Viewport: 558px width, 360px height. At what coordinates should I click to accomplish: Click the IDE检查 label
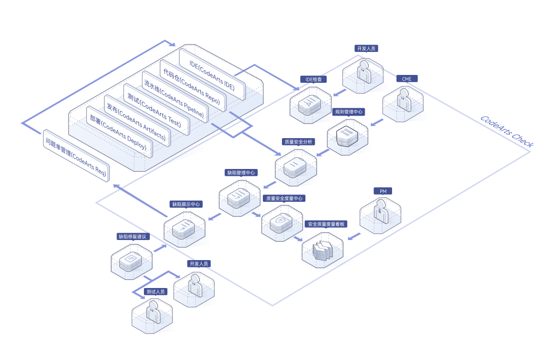point(313,79)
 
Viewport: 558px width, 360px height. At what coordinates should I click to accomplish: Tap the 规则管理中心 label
point(349,112)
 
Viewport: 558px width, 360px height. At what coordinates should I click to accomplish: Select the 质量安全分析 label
point(299,142)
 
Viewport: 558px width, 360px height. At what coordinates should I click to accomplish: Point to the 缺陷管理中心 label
point(241,172)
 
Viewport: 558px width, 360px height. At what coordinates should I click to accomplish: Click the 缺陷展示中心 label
point(186,204)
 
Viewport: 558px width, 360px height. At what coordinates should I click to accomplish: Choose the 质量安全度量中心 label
point(284,198)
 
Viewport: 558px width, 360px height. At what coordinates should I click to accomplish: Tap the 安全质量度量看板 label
point(326,224)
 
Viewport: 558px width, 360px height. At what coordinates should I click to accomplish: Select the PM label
point(383,191)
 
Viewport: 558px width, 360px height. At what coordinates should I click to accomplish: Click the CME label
point(407,79)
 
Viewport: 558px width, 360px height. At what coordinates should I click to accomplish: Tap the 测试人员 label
point(156,291)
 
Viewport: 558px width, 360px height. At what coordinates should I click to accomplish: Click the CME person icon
point(404,100)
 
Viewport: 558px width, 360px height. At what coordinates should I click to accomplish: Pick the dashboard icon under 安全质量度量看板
point(322,250)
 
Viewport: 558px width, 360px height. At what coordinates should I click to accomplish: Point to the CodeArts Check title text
point(507,131)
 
